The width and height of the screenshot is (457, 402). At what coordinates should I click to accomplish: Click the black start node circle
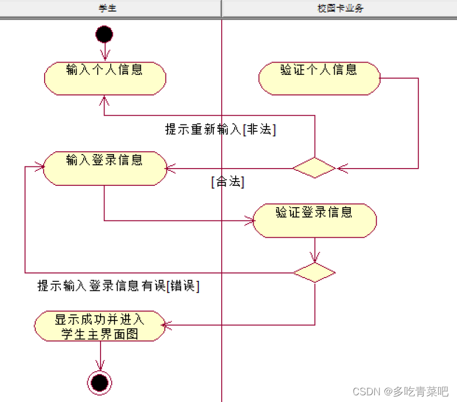pyautogui.click(x=104, y=34)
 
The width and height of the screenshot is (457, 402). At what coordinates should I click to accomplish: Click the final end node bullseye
pyautogui.click(x=100, y=382)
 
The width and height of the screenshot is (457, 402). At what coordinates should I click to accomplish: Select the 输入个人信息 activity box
pyautogui.click(x=105, y=78)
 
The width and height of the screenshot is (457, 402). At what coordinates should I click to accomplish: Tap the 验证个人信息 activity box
pyautogui.click(x=319, y=78)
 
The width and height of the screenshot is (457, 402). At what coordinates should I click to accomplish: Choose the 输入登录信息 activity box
pyautogui.click(x=105, y=168)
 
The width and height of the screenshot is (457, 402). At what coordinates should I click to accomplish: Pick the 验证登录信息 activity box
pyautogui.click(x=315, y=220)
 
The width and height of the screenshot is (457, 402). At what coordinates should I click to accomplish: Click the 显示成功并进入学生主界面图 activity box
pyautogui.click(x=100, y=326)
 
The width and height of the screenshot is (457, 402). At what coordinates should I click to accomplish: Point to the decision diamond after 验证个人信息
pyautogui.click(x=314, y=167)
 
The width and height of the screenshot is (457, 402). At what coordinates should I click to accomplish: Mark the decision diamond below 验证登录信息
pyautogui.click(x=314, y=272)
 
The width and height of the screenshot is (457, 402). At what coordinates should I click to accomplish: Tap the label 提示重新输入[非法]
pyautogui.click(x=221, y=130)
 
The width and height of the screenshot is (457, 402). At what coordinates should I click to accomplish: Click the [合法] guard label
pyautogui.click(x=228, y=182)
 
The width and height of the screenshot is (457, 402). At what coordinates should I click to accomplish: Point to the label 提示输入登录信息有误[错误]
pyautogui.click(x=118, y=286)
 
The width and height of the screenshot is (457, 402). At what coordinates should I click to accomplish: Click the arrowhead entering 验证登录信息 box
pyautogui.click(x=249, y=221)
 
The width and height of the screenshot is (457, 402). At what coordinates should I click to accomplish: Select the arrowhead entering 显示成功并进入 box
pyautogui.click(x=165, y=324)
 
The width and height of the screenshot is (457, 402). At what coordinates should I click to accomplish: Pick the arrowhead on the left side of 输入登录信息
pyautogui.click(x=40, y=166)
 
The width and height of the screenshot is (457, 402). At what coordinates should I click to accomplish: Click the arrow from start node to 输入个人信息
pyautogui.click(x=104, y=51)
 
